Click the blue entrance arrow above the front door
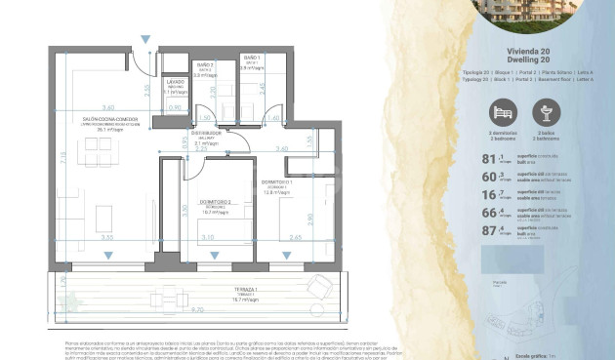pyautogui.click(x=145, y=40)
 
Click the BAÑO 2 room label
pyautogui.click(x=179, y=66)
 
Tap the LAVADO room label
pyautogui.click(x=176, y=85)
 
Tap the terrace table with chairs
pyautogui.click(x=173, y=300)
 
